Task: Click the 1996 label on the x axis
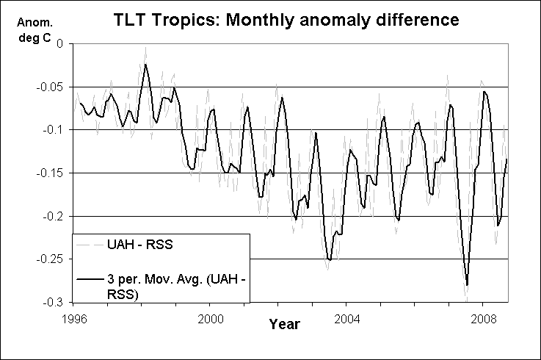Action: [73, 320]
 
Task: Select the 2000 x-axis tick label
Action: [210, 320]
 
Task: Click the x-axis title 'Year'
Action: [283, 323]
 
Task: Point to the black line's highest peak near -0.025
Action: [145, 65]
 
